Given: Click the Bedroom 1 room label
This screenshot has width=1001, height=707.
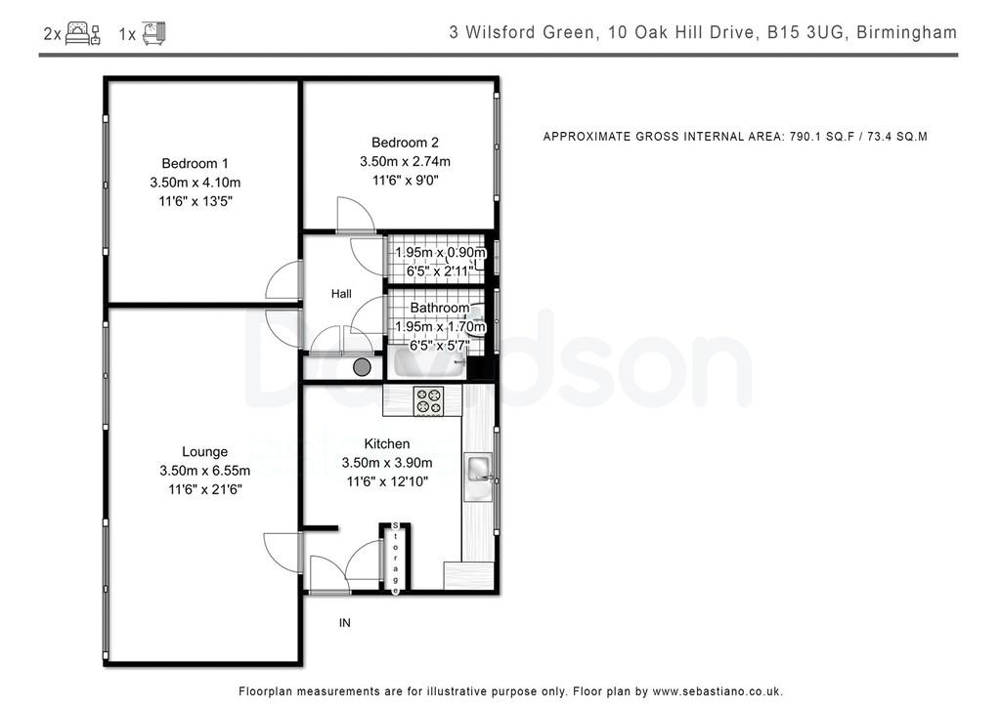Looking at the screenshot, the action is point(195,163).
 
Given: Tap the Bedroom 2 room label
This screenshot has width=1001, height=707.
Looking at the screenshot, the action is point(405,143).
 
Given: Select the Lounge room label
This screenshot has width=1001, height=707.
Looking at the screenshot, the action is point(205,451).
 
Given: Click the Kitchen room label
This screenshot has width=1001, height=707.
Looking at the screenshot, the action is point(387,443).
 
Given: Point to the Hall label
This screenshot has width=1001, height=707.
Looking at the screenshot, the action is point(341,294).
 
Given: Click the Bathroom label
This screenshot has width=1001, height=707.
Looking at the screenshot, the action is point(440,308).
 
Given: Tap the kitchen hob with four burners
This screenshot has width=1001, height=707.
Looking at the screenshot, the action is point(428,401).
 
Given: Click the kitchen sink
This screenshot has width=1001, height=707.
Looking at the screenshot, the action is point(478,469).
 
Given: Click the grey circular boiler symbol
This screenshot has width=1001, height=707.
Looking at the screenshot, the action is point(362,367).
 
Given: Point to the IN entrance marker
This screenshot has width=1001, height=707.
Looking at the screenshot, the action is point(345,623).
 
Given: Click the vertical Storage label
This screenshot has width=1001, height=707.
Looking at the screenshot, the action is point(396,558).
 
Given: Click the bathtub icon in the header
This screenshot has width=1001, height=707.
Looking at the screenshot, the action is point(153,33).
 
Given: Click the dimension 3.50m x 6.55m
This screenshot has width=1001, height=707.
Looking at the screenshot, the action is point(205,471).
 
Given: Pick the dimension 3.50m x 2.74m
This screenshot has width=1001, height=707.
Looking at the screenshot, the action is point(405,161).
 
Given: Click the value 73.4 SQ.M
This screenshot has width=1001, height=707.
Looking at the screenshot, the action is point(897,137).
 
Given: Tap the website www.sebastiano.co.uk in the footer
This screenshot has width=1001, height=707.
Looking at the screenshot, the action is point(718,691).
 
